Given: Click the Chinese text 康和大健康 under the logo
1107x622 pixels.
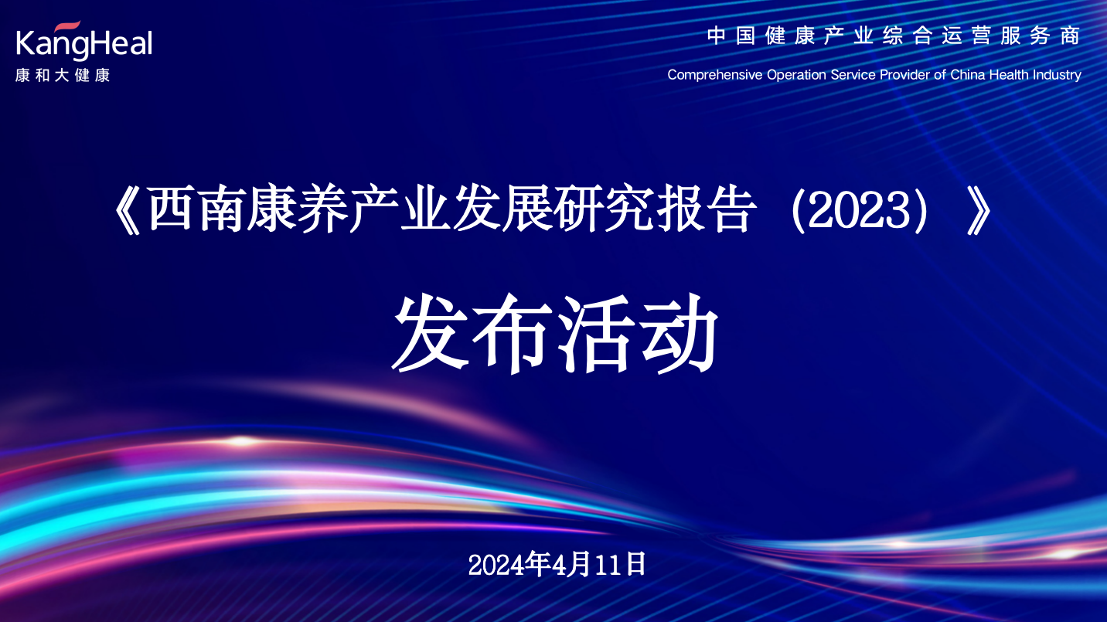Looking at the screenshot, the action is (63, 75).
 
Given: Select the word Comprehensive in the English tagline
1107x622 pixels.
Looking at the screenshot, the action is (714, 75).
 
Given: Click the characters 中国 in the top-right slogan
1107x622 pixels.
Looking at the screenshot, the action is (731, 36).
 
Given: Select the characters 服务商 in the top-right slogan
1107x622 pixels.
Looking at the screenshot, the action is (1041, 36).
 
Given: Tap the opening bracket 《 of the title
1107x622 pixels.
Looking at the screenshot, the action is (128, 211).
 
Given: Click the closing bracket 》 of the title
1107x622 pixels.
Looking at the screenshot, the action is (979, 211).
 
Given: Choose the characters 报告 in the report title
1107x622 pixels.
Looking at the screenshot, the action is (707, 210).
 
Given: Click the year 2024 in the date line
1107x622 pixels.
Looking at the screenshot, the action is (496, 565).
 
